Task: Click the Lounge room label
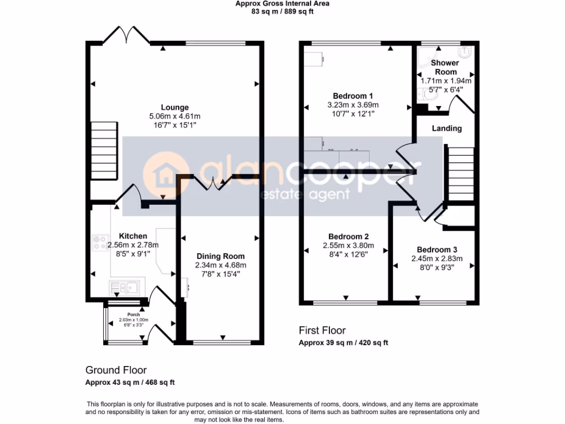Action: tap(174, 107)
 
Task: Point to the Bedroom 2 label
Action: tap(348, 236)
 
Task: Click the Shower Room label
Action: tap(445, 67)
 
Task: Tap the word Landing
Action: tap(446, 128)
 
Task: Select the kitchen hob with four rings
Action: tap(100, 242)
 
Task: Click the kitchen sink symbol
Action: tap(125, 286)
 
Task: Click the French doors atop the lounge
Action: tap(127, 35)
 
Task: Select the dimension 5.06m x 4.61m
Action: tap(174, 116)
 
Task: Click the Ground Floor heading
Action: tap(116, 370)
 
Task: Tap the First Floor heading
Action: tap(322, 330)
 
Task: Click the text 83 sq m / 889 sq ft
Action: tap(282, 12)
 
